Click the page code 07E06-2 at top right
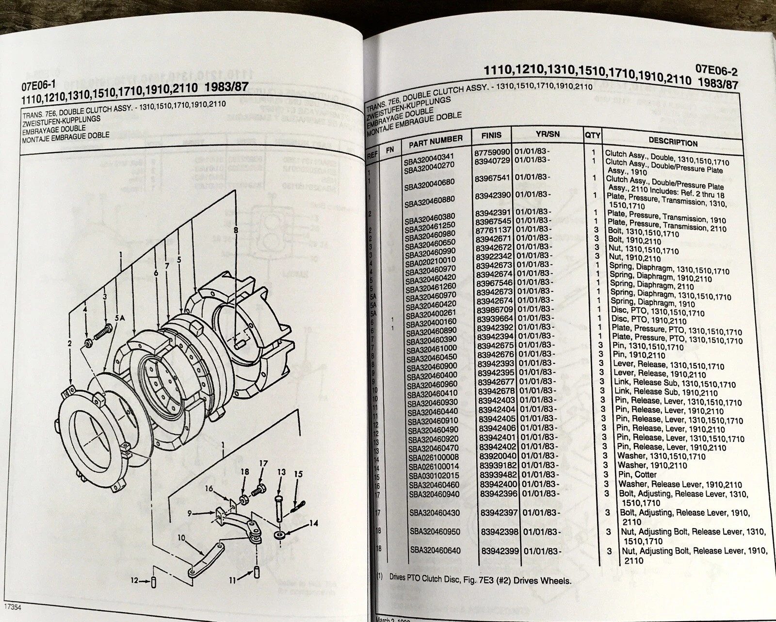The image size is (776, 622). [716, 70]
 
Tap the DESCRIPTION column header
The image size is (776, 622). [673, 142]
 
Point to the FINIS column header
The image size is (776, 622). [491, 135]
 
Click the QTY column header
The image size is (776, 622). [592, 135]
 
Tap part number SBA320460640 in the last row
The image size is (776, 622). [435, 551]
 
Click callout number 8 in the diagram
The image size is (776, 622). [236, 231]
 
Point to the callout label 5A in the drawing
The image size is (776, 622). [120, 318]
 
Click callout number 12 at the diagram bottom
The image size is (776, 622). [135, 580]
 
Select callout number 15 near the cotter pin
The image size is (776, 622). [298, 473]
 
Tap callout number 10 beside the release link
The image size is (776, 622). [181, 537]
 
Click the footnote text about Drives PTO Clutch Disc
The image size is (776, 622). [480, 581]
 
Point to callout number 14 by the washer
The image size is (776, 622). [313, 524]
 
